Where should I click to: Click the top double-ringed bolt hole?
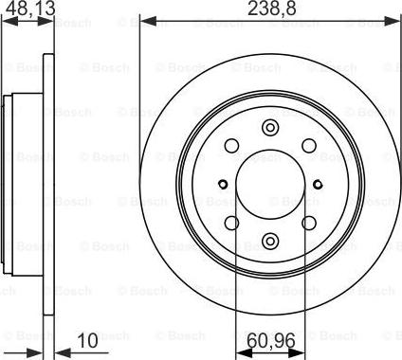click(x=270, y=130)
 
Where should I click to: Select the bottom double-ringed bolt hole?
click(x=270, y=239)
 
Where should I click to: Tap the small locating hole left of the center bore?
click(x=221, y=185)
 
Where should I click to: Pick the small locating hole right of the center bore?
click(x=320, y=185)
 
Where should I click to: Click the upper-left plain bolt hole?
click(x=231, y=146)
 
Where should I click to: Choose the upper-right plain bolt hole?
click(x=309, y=146)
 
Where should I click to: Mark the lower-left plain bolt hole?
click(x=231, y=223)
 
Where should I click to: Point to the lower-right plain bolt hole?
click(x=309, y=223)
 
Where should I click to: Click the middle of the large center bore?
click(x=270, y=185)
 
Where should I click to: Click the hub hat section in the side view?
click(x=11, y=185)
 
